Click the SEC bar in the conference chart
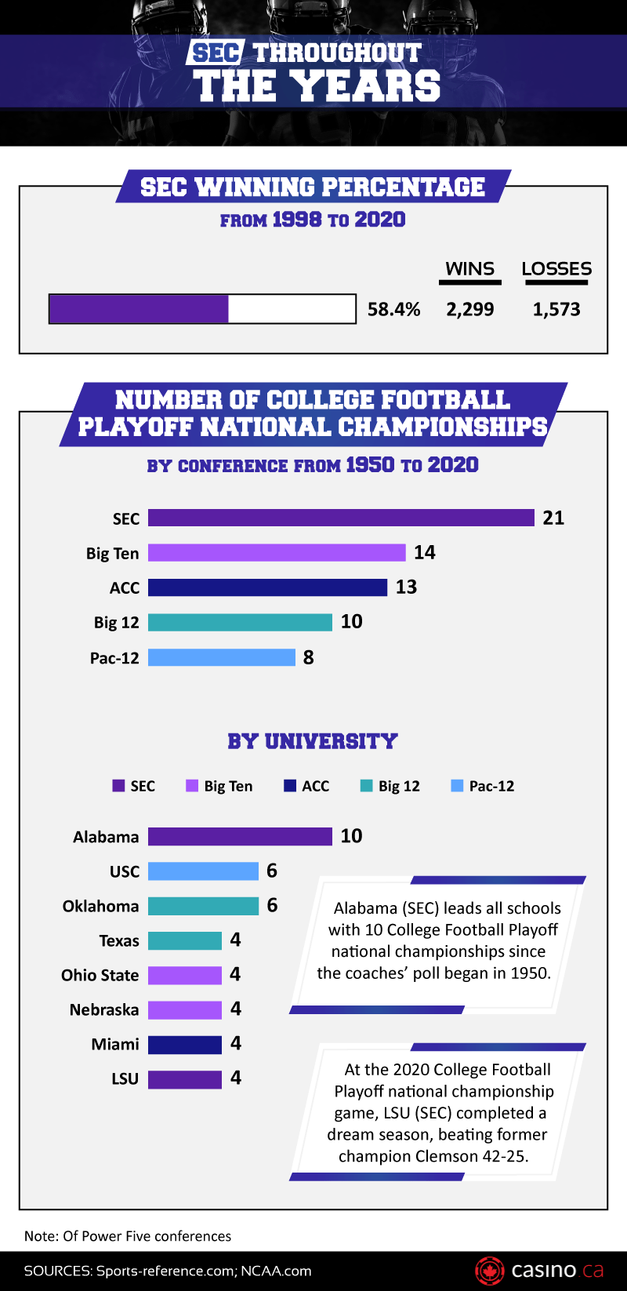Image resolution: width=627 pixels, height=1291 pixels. [x=341, y=518]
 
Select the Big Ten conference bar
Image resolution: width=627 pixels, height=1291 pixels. [x=277, y=552]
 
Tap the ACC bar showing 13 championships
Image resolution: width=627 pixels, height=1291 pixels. [x=267, y=587]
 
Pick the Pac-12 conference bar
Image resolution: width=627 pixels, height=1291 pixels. [x=222, y=657]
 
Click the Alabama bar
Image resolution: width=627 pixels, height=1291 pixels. [x=240, y=836]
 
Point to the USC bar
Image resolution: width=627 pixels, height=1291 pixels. [x=203, y=871]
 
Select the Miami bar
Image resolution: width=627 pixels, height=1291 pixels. [x=185, y=1044]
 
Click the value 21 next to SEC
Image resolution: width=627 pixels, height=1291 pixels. [x=553, y=518]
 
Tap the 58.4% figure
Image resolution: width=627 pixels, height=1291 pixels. [x=394, y=309]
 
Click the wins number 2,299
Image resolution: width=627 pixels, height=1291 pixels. [x=470, y=309]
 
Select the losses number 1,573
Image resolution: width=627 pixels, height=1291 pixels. [x=556, y=309]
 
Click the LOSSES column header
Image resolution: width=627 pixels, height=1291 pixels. [x=556, y=269]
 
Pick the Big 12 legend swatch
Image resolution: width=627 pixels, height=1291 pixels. [x=366, y=786]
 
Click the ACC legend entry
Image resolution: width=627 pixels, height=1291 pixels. [x=307, y=786]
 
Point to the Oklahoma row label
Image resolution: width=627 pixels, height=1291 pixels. [x=100, y=906]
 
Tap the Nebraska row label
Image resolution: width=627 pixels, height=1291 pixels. [x=104, y=1009]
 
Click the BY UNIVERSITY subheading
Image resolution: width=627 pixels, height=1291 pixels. [x=313, y=741]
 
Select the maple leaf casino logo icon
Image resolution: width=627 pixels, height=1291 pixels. [x=490, y=1270]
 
